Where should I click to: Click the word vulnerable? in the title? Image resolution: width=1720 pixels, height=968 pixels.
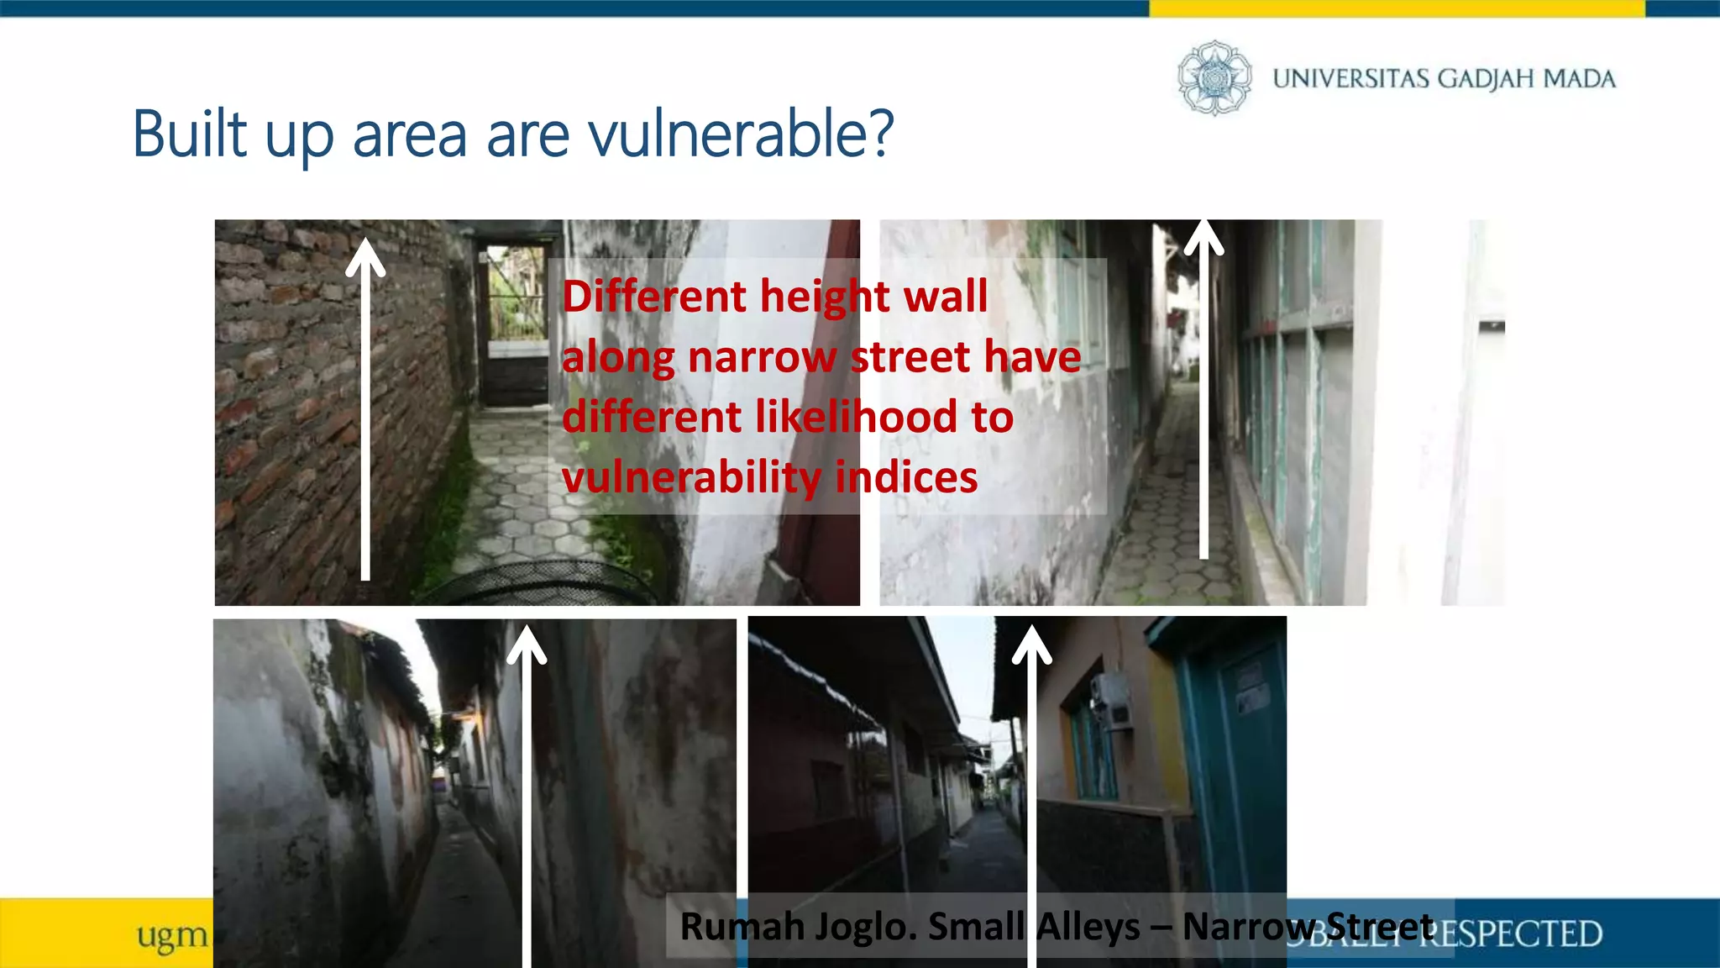pos(741,134)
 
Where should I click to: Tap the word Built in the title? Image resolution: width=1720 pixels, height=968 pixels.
pos(190,134)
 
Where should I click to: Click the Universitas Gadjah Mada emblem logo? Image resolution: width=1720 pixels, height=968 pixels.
pos(1214,78)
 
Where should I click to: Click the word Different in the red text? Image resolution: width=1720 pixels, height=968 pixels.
pos(654,297)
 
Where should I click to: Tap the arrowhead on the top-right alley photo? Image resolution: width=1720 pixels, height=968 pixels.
pos(1203,236)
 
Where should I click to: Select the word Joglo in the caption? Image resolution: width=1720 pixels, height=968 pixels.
pos(866,927)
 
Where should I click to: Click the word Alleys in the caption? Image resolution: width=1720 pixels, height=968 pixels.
pos(1088,927)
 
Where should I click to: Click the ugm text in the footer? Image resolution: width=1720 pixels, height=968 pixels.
pos(172,935)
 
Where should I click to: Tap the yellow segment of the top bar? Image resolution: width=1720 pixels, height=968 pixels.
pos(1396,8)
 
